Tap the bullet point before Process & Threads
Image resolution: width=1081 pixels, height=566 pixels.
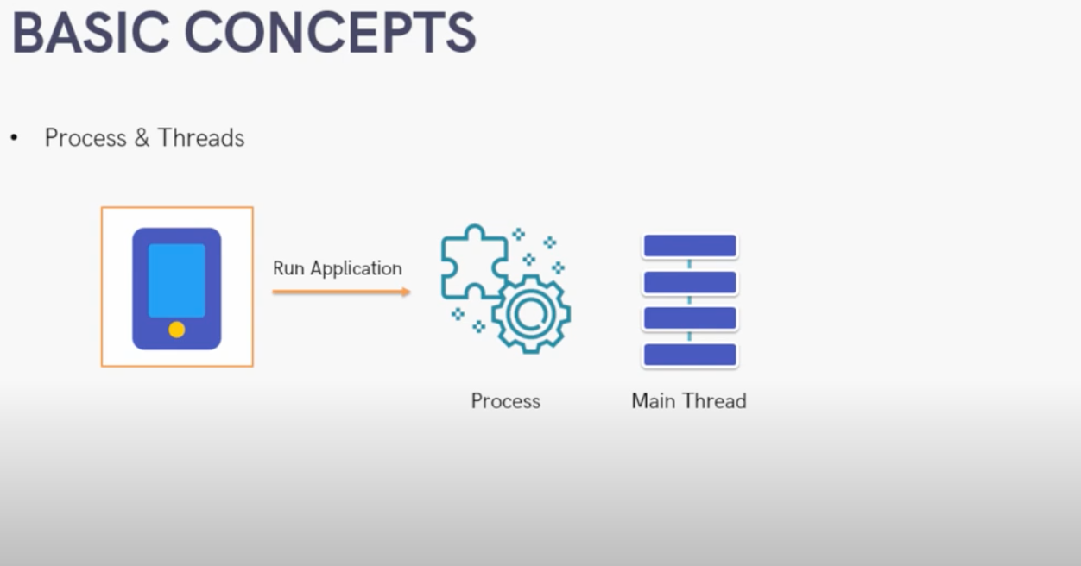click(14, 138)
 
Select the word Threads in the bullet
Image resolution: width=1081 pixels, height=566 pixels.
click(201, 138)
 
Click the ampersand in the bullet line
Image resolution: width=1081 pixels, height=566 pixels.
click(142, 138)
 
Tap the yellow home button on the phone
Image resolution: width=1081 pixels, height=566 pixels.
click(177, 330)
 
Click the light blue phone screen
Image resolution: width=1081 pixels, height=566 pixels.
click(177, 280)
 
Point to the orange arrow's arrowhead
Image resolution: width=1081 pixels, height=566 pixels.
click(406, 292)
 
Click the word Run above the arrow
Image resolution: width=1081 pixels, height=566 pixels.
click(288, 268)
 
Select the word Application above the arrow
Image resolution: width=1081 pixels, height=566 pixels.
click(356, 268)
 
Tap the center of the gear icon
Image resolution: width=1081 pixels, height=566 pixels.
click(531, 314)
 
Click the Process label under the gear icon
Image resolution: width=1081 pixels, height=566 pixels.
click(506, 401)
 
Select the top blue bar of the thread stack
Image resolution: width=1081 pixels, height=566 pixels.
click(690, 246)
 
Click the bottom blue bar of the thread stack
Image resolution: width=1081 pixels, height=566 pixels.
click(690, 355)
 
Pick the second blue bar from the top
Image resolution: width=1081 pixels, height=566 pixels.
click(690, 282)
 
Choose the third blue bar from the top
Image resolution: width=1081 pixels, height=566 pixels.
click(690, 318)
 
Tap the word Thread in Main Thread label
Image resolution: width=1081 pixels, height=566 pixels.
click(715, 401)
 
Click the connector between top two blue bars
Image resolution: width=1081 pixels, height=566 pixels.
click(690, 264)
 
